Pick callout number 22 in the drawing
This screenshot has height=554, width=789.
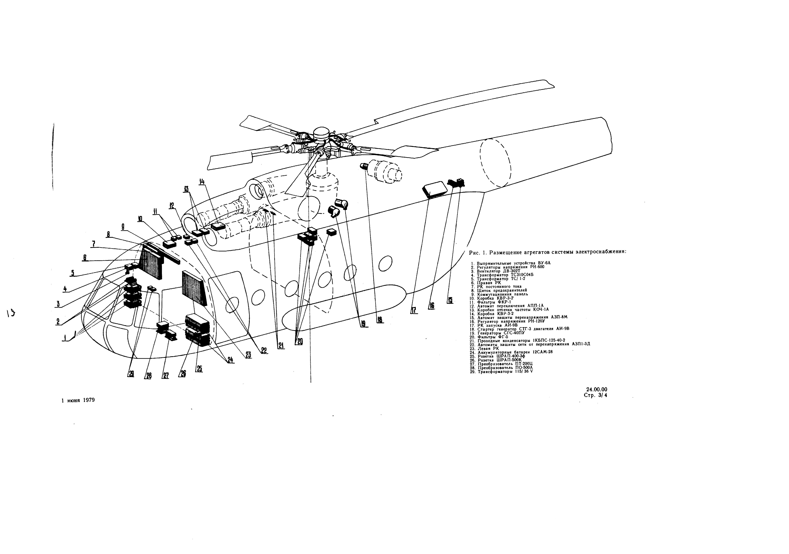(x=264, y=350)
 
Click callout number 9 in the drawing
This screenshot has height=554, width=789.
(x=123, y=227)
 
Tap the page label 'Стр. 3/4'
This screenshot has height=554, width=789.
(x=595, y=395)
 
